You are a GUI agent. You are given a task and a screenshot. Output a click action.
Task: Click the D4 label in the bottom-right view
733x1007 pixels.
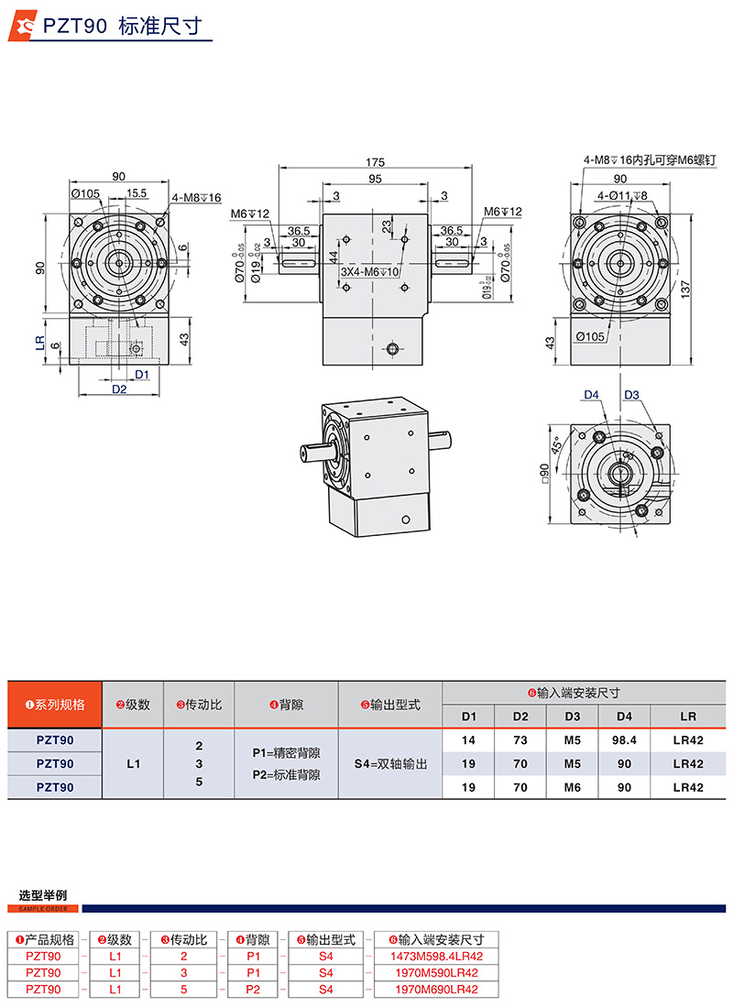(592, 395)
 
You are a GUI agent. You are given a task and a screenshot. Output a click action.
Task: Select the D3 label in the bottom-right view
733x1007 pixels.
(631, 395)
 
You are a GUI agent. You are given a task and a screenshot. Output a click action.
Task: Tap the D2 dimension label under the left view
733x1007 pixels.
(119, 389)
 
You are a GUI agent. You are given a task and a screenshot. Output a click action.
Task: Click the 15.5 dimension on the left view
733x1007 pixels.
(137, 193)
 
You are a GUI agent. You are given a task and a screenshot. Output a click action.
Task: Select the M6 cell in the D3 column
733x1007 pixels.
(573, 786)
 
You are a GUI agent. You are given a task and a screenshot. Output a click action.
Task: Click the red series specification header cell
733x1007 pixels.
(55, 705)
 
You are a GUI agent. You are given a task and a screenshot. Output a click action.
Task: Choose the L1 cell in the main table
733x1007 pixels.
(133, 762)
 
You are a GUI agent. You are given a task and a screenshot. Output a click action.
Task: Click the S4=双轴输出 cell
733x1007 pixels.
(390, 762)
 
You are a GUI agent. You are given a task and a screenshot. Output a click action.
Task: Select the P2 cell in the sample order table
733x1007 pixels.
(254, 990)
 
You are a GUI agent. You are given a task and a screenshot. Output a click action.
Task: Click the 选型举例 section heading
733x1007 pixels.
(43, 895)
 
